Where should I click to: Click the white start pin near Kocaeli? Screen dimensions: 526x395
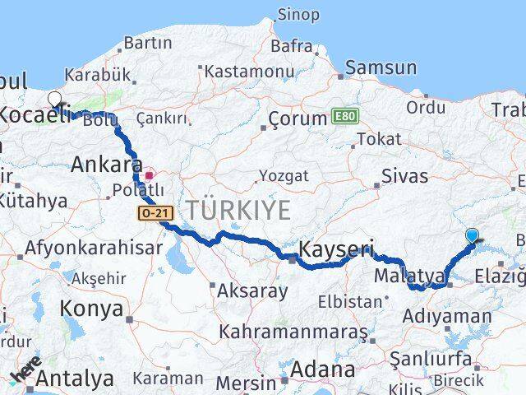[55, 100]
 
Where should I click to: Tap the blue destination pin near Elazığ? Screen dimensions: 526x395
[472, 236]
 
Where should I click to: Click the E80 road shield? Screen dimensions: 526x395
[343, 117]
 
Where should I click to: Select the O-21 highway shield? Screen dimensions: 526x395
[154, 214]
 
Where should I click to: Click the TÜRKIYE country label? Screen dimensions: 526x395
[238, 211]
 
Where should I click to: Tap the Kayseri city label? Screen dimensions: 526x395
[336, 249]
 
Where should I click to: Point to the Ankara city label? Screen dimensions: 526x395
[101, 164]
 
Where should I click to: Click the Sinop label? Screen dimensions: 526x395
[298, 14]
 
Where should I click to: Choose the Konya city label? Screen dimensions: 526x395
[91, 309]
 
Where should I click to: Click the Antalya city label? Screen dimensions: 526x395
[76, 379]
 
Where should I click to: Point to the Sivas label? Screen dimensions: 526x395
[405, 176]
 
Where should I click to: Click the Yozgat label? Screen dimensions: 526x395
[284, 175]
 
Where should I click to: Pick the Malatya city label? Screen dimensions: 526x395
[409, 275]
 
